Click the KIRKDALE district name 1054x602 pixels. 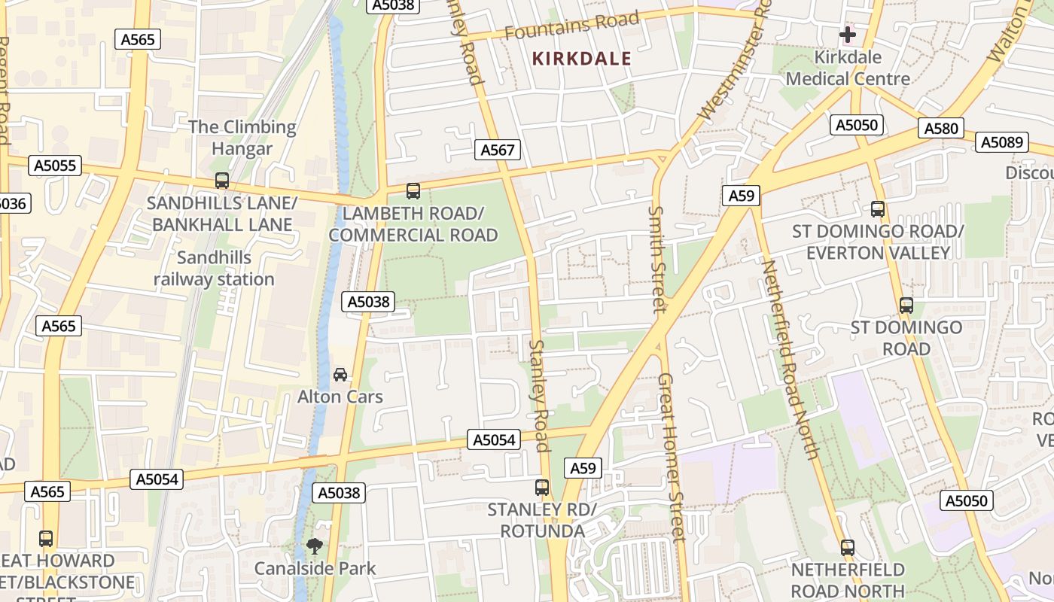581,59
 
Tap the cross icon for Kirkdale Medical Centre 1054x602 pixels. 848,35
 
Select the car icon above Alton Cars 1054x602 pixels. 340,374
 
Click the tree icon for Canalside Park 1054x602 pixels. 314,546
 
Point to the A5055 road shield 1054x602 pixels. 54,166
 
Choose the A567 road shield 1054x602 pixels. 498,150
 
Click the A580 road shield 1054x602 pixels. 941,129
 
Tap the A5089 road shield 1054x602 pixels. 1002,141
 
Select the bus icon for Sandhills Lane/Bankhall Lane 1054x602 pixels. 221,181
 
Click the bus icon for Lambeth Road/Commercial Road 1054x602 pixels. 413,191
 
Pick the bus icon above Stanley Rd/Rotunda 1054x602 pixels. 541,487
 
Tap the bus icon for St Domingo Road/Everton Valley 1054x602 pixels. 877,209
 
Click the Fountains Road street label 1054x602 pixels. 571,26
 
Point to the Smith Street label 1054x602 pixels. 657,259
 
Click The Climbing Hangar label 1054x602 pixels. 242,138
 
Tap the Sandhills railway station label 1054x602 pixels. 214,269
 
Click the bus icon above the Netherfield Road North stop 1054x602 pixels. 848,547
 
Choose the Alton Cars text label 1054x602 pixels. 340,397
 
